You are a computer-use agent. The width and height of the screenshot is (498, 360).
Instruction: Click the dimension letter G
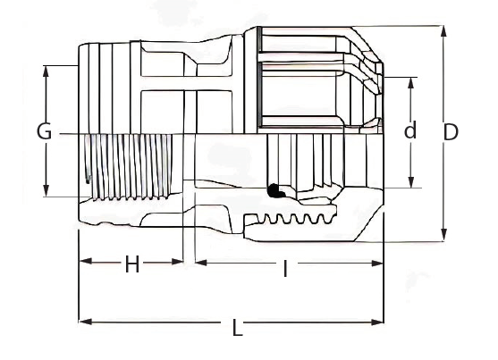(x=44, y=131)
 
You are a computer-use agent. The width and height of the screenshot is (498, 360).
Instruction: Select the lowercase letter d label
(x=410, y=130)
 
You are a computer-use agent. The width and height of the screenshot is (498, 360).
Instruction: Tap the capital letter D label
(x=451, y=131)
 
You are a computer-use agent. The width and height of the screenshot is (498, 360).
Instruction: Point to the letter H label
(x=132, y=264)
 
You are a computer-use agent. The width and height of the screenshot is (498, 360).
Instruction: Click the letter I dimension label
(x=285, y=269)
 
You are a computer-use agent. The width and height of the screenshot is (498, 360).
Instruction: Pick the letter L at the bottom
(x=237, y=328)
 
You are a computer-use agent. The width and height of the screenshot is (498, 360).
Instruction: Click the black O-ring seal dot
(x=274, y=190)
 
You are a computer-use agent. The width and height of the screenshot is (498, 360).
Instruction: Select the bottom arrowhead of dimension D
(x=444, y=235)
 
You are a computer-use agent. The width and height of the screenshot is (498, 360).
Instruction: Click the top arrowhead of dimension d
(x=411, y=83)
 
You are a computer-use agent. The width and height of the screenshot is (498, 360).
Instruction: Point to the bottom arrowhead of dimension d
(x=411, y=181)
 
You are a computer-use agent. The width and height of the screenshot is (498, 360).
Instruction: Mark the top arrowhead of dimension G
(x=46, y=71)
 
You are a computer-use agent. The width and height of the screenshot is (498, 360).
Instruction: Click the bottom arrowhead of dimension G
(x=46, y=190)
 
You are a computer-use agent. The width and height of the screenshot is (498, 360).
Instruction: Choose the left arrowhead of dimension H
(x=86, y=261)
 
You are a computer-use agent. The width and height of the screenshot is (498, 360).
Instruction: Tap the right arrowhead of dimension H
(x=177, y=261)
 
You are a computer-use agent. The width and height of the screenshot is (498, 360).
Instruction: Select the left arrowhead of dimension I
(x=201, y=263)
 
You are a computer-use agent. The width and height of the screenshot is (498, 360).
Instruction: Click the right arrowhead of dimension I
(x=377, y=263)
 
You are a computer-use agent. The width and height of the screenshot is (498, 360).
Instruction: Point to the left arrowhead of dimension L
(x=86, y=322)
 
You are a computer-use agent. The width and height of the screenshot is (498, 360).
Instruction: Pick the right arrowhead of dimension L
(x=377, y=322)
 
